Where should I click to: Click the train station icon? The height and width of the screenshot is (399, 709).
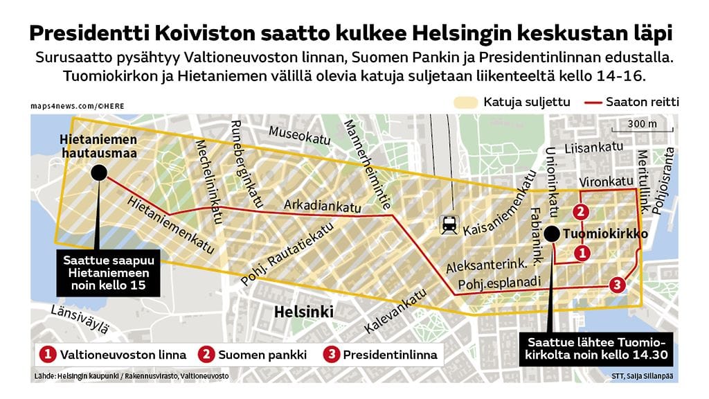click(x=449, y=224)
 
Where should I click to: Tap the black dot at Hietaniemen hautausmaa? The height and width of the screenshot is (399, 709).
click(x=99, y=172)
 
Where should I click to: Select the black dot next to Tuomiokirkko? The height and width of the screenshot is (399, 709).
click(x=551, y=234)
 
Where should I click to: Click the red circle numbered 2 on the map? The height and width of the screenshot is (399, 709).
click(x=582, y=212)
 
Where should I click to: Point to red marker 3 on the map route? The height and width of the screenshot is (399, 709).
click(x=618, y=285)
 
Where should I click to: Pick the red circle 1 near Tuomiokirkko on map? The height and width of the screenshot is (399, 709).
click(x=582, y=254)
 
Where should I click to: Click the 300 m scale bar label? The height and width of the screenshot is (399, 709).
click(x=642, y=124)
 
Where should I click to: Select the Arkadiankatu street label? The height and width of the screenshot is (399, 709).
click(x=323, y=206)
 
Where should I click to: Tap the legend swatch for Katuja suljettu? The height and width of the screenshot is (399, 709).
click(x=465, y=102)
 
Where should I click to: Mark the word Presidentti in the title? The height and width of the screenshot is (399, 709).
click(x=87, y=33)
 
